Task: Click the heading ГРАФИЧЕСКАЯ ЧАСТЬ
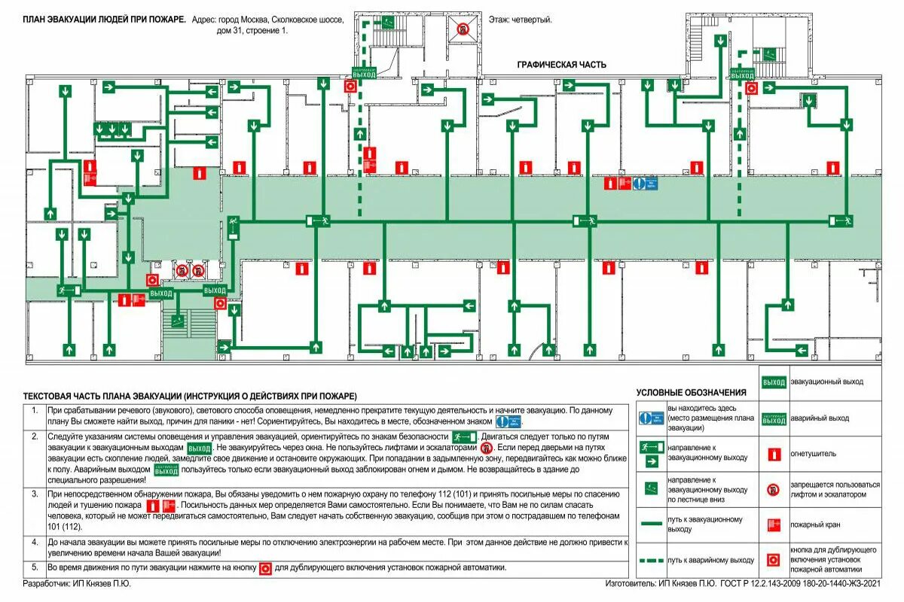561,65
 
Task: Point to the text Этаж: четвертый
521,20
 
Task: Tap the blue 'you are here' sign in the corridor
645,183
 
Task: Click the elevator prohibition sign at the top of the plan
463,30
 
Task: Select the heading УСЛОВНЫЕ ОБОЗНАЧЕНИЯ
691,392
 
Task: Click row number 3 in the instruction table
34,494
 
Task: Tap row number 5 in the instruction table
34,567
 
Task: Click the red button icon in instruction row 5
264,568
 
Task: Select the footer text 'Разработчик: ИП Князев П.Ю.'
72,583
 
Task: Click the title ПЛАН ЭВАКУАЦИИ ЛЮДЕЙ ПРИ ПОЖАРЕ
105,20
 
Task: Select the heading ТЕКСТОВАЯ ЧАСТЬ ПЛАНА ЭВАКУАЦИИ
190,396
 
